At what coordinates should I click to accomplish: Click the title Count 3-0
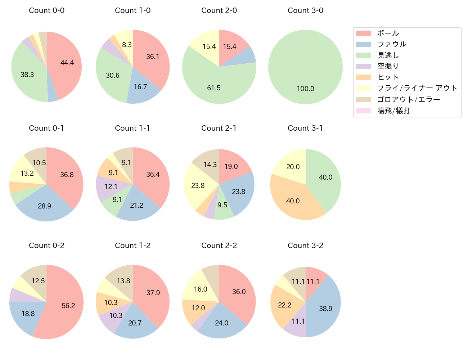[305, 10]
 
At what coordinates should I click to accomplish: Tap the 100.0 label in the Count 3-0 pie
[305, 89]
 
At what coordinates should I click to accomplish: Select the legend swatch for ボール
[363, 33]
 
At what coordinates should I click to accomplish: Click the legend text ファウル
[392, 44]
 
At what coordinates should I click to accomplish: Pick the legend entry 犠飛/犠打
[393, 111]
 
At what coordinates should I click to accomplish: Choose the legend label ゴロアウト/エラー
[409, 99]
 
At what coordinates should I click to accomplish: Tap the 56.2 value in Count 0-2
[68, 306]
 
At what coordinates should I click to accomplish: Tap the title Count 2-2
[219, 246]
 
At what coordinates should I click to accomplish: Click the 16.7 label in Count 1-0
[140, 87]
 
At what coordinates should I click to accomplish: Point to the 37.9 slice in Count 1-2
[153, 293]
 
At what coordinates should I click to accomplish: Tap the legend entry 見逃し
[388, 55]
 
